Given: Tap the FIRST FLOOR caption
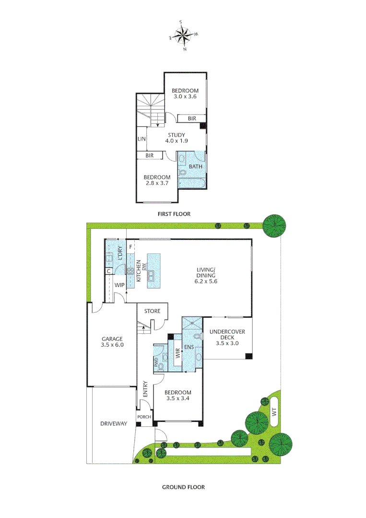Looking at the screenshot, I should [x=174, y=214].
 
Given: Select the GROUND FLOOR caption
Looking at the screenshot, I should [x=183, y=487].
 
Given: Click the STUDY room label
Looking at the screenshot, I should [x=176, y=135].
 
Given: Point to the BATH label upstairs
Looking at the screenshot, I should [x=195, y=167].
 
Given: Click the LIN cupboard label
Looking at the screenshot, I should [x=142, y=139].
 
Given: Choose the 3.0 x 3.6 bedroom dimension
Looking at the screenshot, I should [x=185, y=96].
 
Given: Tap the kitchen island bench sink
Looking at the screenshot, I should [x=151, y=275].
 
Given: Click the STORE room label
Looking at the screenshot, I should [x=152, y=311].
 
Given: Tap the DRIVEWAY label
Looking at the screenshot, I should [x=114, y=424].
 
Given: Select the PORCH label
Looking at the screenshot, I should [x=144, y=417].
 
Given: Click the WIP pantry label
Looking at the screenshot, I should [x=119, y=285].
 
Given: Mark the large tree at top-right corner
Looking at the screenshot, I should [x=275, y=224].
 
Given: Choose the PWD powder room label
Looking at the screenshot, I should [x=156, y=363].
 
